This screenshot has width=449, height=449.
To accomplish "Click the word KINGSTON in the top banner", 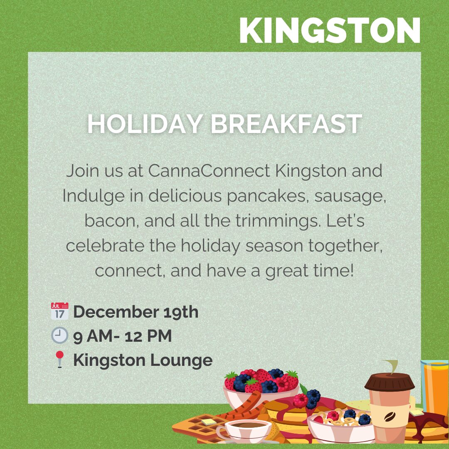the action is tap(330, 30).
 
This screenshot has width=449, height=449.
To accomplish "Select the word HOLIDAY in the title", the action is tap(145, 124).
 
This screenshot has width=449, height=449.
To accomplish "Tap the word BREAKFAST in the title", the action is tap(286, 124).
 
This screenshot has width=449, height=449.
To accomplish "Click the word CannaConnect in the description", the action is tap(209, 171).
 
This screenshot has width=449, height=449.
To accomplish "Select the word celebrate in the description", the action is tap(105, 246).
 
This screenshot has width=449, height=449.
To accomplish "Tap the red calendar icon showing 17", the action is tap(59, 311).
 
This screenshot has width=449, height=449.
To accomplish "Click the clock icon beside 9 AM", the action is tap(59, 336).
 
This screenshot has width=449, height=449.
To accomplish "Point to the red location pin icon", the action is tap(59, 359).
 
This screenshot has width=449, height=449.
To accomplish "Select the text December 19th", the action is tap(136, 312).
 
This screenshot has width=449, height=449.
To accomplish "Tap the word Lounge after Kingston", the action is tap(182, 360).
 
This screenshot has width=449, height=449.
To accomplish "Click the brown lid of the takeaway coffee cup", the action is tap(390, 382).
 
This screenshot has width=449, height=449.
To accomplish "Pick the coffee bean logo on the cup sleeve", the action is tap(389, 417).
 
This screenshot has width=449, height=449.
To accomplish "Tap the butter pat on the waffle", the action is tap(209, 422).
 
